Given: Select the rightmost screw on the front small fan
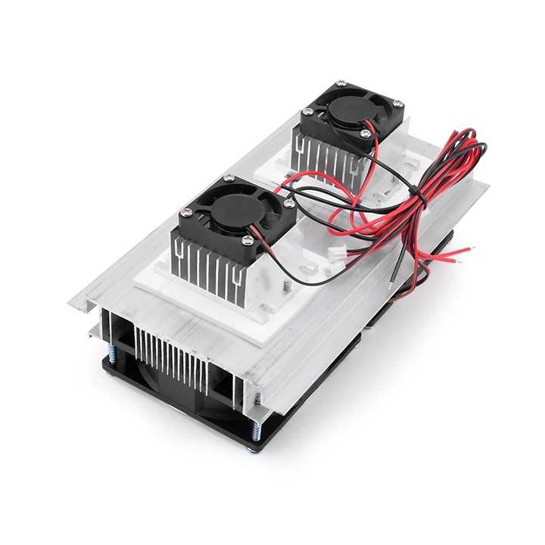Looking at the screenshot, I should [290, 203].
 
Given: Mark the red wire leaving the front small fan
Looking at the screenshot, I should [265, 250].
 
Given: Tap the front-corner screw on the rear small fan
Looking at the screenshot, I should [366, 134].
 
